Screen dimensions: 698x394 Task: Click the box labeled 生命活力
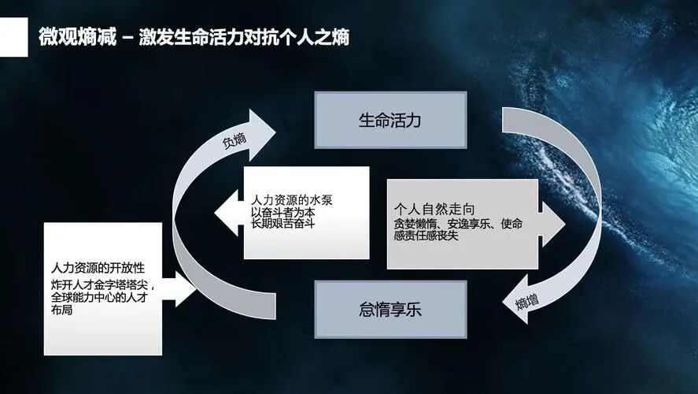point(390,121)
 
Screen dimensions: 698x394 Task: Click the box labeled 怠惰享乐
point(390,309)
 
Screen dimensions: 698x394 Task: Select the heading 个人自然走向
point(434,210)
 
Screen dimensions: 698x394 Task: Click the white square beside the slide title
point(13,38)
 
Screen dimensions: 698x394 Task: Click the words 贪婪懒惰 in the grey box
point(415,224)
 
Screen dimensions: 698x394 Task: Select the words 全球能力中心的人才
point(98,296)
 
